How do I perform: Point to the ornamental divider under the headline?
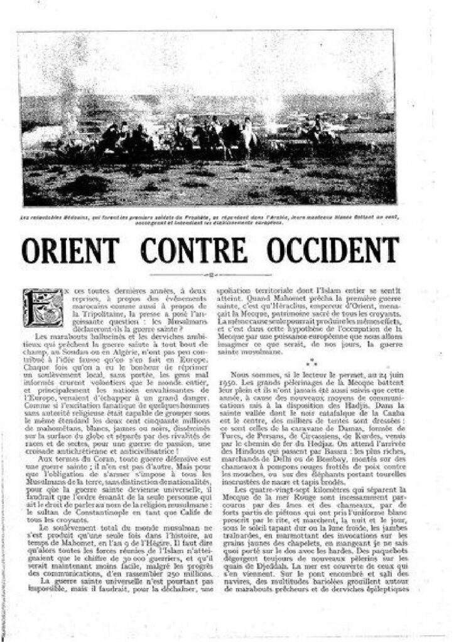coord(210,275)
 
